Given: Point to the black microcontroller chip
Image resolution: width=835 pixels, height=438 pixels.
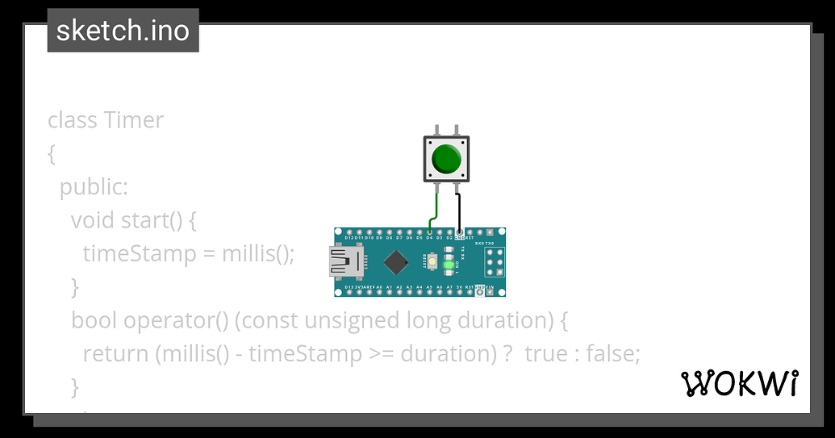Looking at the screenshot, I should tap(395, 261).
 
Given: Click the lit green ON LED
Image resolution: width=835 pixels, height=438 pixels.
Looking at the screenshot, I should tap(449, 265).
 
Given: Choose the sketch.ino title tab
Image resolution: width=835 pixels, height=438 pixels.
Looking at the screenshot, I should tap(123, 31).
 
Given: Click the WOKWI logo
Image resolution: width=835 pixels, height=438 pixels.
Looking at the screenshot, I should tap(741, 384).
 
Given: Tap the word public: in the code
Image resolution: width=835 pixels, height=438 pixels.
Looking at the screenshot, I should tap(94, 187).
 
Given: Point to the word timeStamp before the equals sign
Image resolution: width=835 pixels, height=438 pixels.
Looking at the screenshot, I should tap(139, 253).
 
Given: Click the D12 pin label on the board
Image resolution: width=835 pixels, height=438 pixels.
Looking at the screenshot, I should tap(350, 239).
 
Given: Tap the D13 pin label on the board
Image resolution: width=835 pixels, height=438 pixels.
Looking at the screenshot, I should tap(350, 287).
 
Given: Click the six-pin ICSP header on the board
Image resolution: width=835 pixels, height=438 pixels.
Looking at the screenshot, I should tap(494, 262).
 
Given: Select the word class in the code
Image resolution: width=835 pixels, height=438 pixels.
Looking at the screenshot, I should tap(73, 120).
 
